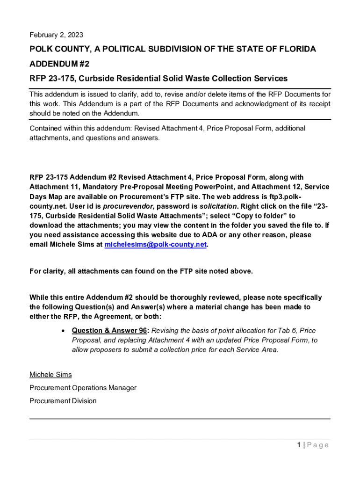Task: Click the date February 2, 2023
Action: pos(56,35)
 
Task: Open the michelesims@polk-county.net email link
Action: pos(155,245)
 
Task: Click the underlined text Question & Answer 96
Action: pos(109,330)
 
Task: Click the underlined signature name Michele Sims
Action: pos(50,375)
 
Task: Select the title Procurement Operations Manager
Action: pos(83,388)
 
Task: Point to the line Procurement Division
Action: pos(63,401)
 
